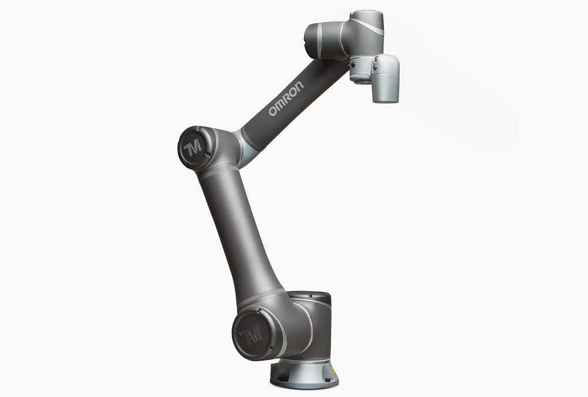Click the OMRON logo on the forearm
pos(286,98)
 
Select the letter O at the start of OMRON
pos(273,111)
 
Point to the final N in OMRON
pos(299,86)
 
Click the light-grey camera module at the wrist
pos(385,78)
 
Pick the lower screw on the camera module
pos(375,68)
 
